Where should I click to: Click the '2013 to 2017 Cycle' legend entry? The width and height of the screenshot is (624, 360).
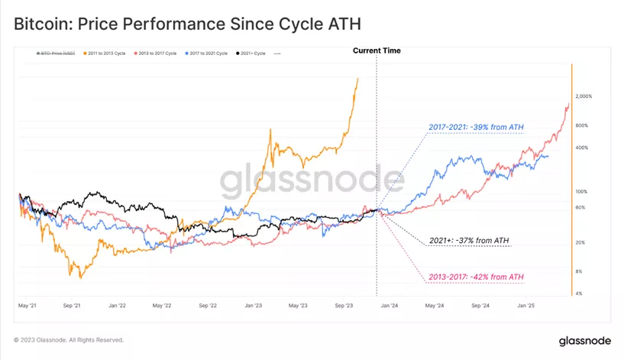pos(157,54)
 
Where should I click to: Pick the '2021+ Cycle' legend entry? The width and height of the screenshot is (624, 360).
pos(251,54)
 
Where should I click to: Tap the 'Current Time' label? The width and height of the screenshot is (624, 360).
pos(377,50)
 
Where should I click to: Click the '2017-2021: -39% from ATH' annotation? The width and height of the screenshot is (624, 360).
pos(475,127)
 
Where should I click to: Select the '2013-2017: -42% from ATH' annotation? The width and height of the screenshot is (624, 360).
pos(476,276)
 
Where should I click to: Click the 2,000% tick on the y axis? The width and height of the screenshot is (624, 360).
pos(583,96)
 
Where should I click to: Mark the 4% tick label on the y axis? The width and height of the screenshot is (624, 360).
pos(580,293)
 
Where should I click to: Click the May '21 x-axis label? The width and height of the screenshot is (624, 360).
pos(27,305)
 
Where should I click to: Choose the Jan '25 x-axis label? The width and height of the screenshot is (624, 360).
pos(527,305)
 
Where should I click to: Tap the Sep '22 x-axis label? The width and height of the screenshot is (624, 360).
pos(209,305)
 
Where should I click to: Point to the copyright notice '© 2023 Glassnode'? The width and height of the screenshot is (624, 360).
pos(68,340)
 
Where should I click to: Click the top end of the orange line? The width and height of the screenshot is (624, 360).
pos(357,78)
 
